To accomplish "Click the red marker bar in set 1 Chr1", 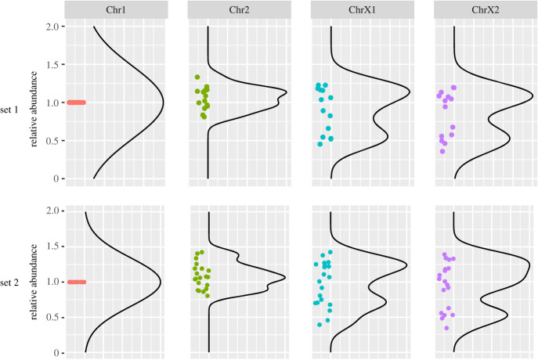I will (76, 103).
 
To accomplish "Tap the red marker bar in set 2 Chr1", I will (76, 282).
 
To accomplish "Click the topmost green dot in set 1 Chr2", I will (197, 77).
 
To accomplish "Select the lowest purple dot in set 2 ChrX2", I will (446, 328).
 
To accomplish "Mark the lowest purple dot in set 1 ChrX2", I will (442, 151).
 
